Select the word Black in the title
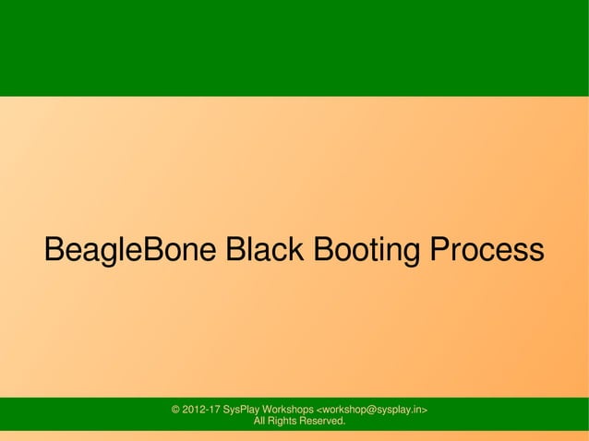267,250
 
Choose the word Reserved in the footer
327,422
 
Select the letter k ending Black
298,250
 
